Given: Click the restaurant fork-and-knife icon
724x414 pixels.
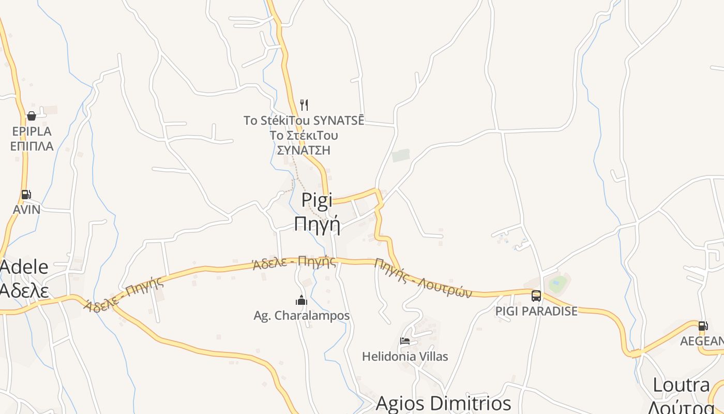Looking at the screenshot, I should (x=304, y=105).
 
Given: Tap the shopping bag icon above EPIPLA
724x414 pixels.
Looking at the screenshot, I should (x=32, y=116).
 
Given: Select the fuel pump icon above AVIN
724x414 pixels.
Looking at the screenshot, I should (x=26, y=195).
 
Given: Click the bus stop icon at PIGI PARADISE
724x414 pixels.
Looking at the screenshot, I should (x=536, y=296).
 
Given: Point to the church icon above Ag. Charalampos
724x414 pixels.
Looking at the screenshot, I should (x=301, y=300).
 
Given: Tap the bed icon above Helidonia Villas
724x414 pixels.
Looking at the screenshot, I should (x=405, y=341).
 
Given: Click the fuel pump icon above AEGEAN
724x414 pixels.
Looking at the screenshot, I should (x=703, y=326).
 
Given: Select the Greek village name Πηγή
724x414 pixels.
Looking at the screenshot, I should (x=317, y=224).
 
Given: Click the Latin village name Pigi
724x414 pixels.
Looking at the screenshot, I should (x=317, y=200).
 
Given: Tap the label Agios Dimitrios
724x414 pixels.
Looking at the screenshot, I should (x=443, y=403).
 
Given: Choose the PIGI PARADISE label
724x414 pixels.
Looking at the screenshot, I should (x=536, y=311).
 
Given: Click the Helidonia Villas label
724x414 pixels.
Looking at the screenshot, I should (x=405, y=356).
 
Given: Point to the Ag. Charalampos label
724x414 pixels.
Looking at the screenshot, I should (x=301, y=315).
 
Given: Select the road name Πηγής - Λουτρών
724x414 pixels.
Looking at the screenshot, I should (x=424, y=278).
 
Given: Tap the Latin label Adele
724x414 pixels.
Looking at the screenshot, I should (x=24, y=267).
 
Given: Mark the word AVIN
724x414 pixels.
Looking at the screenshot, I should (x=26, y=210).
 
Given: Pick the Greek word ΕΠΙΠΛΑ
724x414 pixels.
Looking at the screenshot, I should (x=32, y=146).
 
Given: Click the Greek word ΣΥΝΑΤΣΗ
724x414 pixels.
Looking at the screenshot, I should (x=304, y=150).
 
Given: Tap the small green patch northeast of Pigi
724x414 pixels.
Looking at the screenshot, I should (x=401, y=155).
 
